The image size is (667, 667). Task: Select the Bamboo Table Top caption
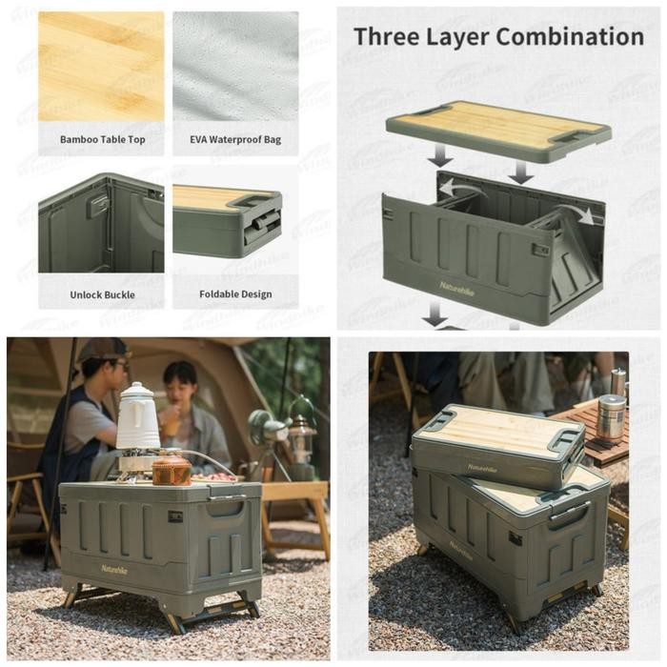tap(103, 139)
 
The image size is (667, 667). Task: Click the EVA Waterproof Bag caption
tap(235, 139)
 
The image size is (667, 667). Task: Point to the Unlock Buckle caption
tap(102, 294)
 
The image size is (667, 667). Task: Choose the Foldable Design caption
tap(235, 294)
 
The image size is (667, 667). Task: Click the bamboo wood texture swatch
tap(101, 67)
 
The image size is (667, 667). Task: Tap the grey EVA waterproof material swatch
tap(235, 67)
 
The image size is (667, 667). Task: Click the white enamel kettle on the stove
tap(137, 418)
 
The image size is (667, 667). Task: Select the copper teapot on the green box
tap(172, 469)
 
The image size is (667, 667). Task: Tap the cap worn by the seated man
tap(102, 349)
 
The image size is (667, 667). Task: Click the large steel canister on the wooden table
tap(610, 416)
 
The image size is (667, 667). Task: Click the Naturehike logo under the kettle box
tap(117, 568)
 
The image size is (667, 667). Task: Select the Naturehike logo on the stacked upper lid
tap(481, 468)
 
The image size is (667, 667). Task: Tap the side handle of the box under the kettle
tap(224, 508)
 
